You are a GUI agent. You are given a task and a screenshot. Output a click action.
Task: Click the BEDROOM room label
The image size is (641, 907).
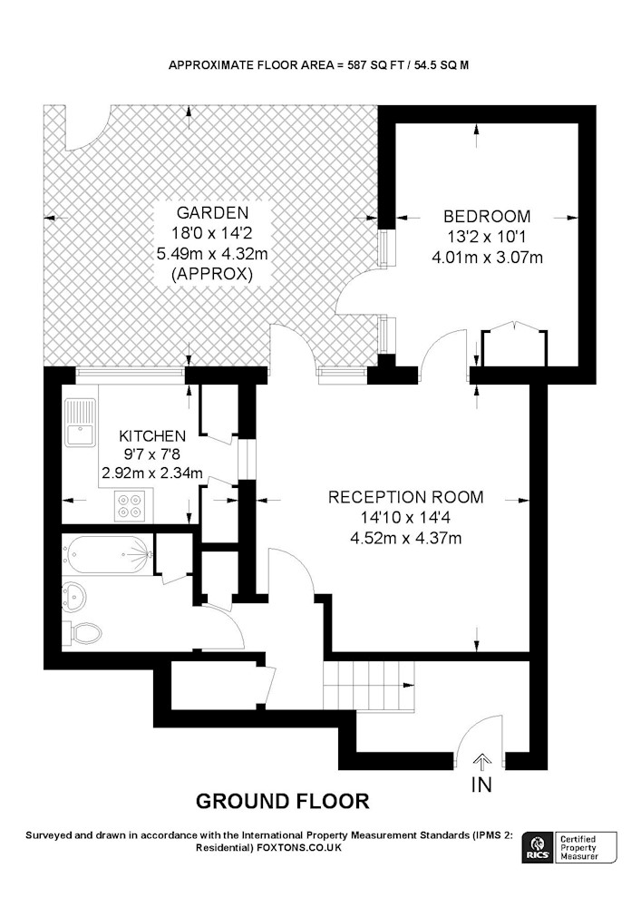(487, 217)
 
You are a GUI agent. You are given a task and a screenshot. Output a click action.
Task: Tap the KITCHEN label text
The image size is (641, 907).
(152, 435)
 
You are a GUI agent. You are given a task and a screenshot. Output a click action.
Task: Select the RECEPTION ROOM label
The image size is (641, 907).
(406, 497)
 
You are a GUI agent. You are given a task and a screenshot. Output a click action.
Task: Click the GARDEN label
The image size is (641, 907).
(212, 213)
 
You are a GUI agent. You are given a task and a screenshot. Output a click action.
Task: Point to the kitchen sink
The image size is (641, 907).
(79, 423)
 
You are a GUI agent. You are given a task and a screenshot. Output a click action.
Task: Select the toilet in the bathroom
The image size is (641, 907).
(83, 633)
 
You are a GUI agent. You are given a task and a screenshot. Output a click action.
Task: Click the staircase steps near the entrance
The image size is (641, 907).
(369, 685)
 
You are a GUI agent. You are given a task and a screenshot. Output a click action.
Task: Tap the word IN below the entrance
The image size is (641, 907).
(481, 785)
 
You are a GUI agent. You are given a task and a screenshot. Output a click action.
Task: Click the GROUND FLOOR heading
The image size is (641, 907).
(283, 801)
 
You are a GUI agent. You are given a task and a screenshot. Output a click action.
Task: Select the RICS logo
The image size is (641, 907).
(537, 847)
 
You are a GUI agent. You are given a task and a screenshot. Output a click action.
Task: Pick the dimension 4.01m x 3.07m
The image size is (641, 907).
(487, 257)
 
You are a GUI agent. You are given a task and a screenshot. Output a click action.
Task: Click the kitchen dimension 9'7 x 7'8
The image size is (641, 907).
(152, 454)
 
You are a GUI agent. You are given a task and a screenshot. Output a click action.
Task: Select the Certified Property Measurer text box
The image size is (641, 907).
(585, 847)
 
